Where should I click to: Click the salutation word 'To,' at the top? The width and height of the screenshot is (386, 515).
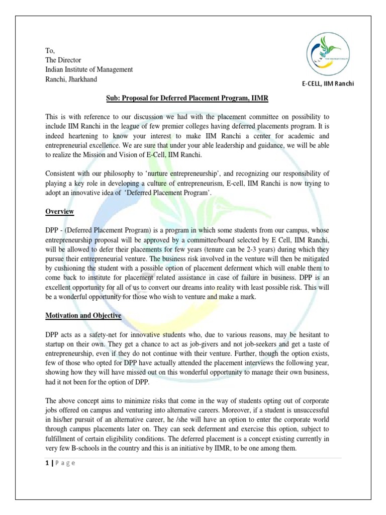point(50,51)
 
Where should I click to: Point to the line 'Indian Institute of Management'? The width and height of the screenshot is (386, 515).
point(89,70)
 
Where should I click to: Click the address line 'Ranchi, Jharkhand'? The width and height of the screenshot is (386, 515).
point(71,79)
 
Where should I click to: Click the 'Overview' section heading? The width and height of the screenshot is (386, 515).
point(60,212)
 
